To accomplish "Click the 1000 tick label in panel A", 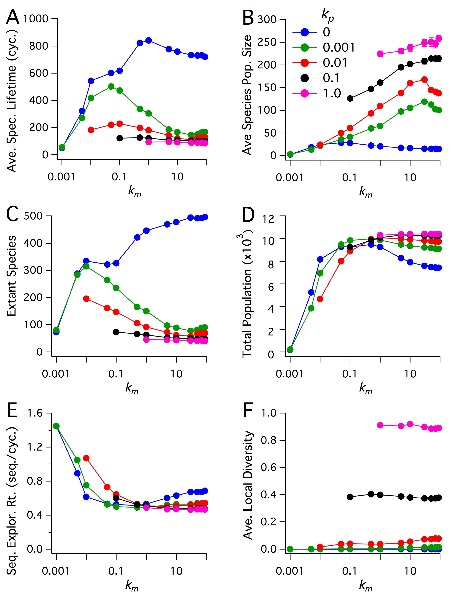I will tap(36, 19).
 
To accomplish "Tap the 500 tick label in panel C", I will tap(33, 216).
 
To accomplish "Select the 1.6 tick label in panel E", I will tap(35, 413).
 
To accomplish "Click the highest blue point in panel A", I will tap(149, 41).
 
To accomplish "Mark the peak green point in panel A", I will tap(111, 86).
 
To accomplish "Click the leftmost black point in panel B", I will tap(350, 98).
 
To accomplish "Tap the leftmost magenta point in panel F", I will tap(380, 425).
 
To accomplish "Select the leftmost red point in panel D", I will tap(320, 299).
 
